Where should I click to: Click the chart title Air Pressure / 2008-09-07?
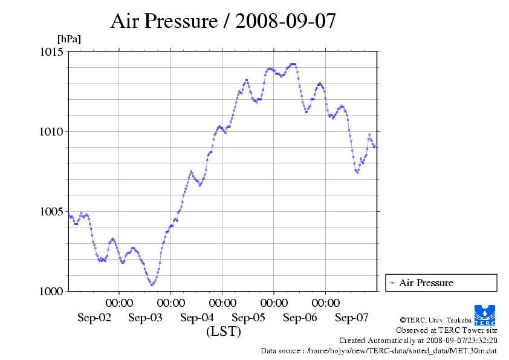223,21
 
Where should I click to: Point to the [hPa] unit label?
69,39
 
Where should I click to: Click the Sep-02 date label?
94,318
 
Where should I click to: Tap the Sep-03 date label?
145,318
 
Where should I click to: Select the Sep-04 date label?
196,318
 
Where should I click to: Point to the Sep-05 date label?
248,318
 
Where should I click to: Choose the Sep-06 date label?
300,318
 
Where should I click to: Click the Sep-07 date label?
351,318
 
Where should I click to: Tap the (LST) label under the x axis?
223,332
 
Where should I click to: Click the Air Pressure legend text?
426,283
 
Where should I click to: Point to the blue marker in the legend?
392,283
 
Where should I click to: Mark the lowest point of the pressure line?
152,284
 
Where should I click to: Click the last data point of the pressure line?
374,146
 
